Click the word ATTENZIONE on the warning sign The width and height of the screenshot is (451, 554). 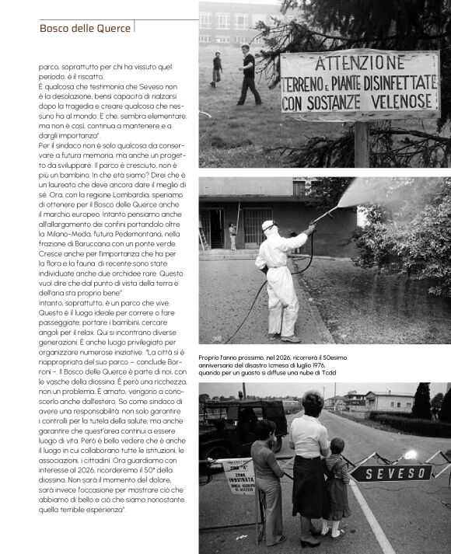pyautogui.click(x=360, y=63)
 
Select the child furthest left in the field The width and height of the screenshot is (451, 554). pyautogui.click(x=216, y=68)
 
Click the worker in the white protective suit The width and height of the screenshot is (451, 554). pyautogui.click(x=281, y=280)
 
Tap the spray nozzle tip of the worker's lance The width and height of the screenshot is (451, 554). pyautogui.click(x=337, y=207)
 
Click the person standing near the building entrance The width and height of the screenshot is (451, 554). pyautogui.click(x=232, y=236)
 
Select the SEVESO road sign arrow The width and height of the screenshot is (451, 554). pyautogui.click(x=391, y=472)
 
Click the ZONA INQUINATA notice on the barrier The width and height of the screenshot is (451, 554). pyautogui.click(x=239, y=475)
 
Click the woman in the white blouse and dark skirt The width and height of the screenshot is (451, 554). pyautogui.click(x=309, y=462)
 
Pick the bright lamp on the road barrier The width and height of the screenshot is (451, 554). pyautogui.click(x=409, y=455)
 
